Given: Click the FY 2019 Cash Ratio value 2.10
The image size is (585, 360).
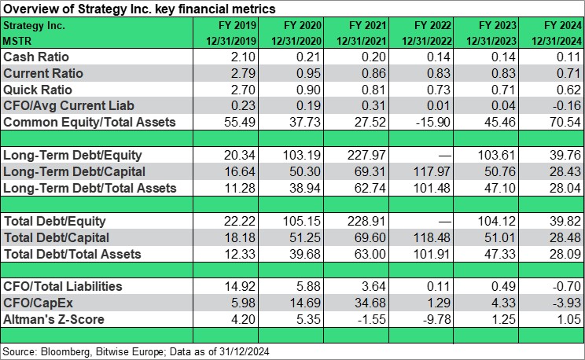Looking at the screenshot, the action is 243,57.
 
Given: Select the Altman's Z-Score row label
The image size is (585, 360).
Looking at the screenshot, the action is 53,319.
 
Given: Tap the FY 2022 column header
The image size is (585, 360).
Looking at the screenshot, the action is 432,25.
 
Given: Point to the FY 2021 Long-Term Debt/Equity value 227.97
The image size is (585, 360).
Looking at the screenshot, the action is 366,155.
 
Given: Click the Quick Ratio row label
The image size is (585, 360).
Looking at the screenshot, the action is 38,90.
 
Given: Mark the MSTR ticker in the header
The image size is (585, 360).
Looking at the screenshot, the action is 17,41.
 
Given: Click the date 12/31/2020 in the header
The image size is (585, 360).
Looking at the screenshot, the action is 296,41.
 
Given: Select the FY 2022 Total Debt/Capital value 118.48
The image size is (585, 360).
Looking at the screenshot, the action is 432,237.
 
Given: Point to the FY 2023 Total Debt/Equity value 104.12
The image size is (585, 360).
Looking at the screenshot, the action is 497,221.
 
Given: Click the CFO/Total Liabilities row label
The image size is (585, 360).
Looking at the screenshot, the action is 63,286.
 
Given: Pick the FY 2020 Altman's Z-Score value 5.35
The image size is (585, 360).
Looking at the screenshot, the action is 308,319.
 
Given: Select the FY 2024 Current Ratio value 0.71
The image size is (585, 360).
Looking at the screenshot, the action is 568,73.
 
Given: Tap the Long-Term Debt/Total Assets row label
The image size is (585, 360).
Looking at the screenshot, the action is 90,188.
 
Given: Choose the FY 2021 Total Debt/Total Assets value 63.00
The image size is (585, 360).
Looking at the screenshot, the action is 370,254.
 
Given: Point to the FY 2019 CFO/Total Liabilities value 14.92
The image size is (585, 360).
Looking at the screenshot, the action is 240,286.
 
